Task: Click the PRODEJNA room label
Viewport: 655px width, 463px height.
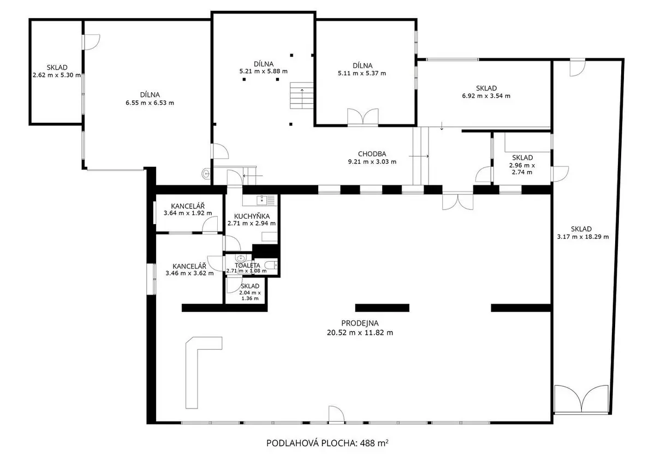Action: tap(360, 323)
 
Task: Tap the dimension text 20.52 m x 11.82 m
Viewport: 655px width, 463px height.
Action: tap(360, 333)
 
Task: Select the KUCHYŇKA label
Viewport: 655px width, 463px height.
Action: tap(252, 216)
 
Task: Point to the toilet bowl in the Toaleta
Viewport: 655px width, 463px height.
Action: tap(271, 265)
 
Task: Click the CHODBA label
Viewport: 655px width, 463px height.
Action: tap(372, 154)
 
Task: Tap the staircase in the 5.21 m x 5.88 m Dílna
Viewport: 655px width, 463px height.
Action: tap(301, 95)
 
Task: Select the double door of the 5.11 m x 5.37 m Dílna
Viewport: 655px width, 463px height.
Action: tap(362, 117)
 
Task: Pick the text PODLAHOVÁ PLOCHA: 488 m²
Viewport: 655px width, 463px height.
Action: tap(327, 443)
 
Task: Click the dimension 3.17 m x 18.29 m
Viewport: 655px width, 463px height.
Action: tap(583, 237)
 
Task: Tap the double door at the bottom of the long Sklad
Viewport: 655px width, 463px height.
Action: tap(582, 399)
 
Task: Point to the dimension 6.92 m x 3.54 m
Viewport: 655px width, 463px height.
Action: tap(486, 96)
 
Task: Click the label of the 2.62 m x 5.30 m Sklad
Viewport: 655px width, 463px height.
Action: tap(57, 68)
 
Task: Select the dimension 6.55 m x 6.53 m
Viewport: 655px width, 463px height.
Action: tap(150, 103)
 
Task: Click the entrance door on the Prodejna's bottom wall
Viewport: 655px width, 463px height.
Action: tap(336, 414)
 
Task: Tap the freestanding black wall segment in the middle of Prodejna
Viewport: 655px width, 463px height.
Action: tap(382, 308)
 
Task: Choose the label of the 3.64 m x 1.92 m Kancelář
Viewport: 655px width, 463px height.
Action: tap(188, 206)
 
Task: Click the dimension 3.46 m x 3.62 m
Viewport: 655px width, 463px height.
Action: tap(189, 273)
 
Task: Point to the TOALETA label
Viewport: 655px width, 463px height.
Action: tap(247, 265)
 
